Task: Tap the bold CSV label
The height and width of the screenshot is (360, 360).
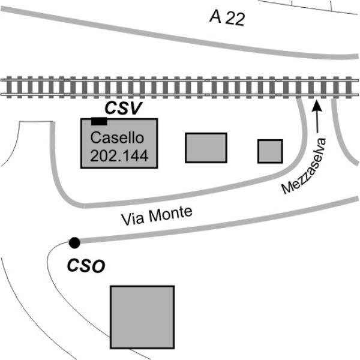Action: tap(122, 108)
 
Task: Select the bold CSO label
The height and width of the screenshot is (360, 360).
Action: tap(86, 264)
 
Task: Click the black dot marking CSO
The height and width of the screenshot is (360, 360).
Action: tap(74, 242)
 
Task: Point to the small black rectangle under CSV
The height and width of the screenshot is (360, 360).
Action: tap(99, 121)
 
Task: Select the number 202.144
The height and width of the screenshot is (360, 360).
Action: tap(119, 156)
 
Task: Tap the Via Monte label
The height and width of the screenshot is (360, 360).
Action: tap(157, 215)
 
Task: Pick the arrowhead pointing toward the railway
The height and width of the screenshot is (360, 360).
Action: tap(317, 107)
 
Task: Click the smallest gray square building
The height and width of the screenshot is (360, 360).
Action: tap(270, 151)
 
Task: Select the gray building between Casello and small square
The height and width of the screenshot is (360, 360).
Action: tap(206, 148)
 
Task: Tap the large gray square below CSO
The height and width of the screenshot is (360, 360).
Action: tap(142, 317)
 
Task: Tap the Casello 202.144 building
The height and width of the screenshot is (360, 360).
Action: tap(119, 143)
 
